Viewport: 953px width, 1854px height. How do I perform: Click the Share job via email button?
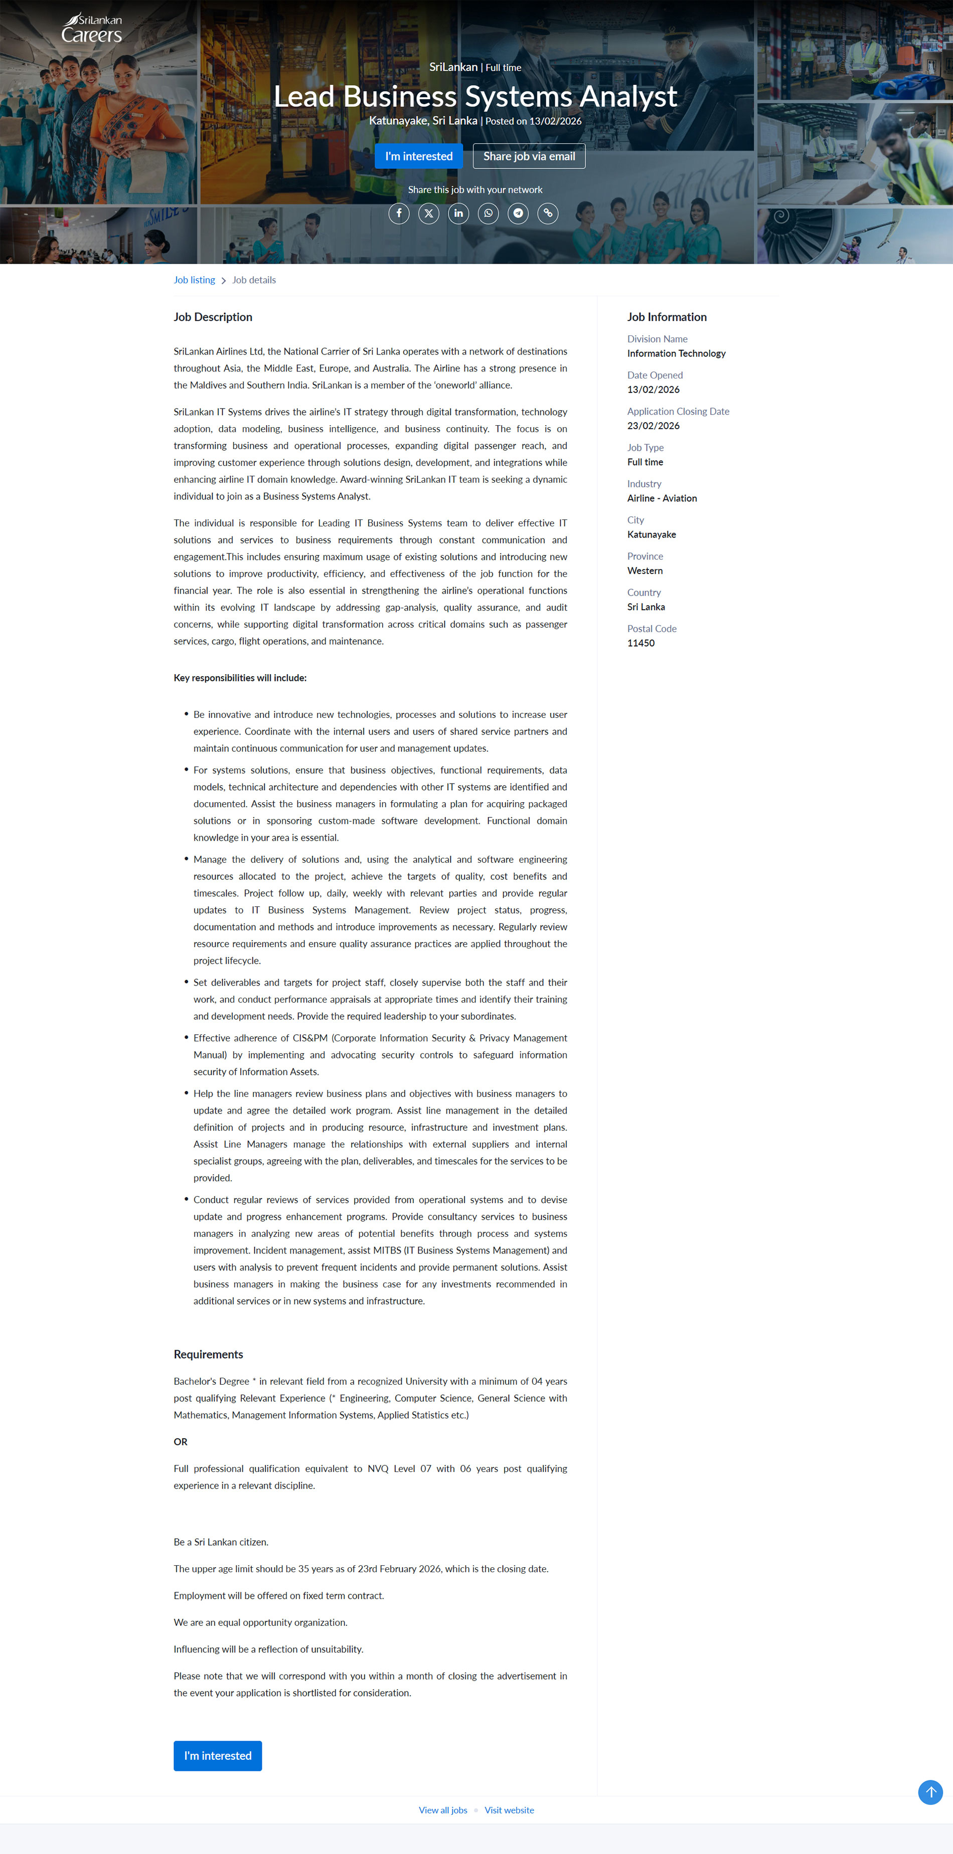click(x=529, y=156)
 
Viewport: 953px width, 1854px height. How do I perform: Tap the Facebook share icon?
click(x=399, y=213)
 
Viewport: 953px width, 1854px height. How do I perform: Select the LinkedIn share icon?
click(x=458, y=213)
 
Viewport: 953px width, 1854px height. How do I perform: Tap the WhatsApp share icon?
click(x=488, y=213)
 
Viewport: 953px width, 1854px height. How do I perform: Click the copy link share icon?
click(x=548, y=213)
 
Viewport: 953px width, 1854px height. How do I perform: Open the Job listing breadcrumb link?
click(x=194, y=280)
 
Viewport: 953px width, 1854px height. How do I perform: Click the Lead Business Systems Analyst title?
click(x=475, y=96)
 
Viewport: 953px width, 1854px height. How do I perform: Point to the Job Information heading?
click(x=667, y=317)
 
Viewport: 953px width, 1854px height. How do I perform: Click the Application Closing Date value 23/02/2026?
click(x=653, y=425)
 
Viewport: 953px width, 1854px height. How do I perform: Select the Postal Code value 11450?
click(x=641, y=643)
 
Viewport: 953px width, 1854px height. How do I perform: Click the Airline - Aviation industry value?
click(x=662, y=498)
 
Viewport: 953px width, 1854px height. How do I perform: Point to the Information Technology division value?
click(x=676, y=353)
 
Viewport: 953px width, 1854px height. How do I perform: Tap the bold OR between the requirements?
click(x=180, y=1441)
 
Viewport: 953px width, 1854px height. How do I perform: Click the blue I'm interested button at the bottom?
click(x=217, y=1755)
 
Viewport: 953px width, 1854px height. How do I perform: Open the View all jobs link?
click(x=443, y=1810)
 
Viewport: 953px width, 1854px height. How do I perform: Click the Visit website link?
click(x=509, y=1810)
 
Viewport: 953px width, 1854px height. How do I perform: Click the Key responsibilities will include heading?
click(x=240, y=678)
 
